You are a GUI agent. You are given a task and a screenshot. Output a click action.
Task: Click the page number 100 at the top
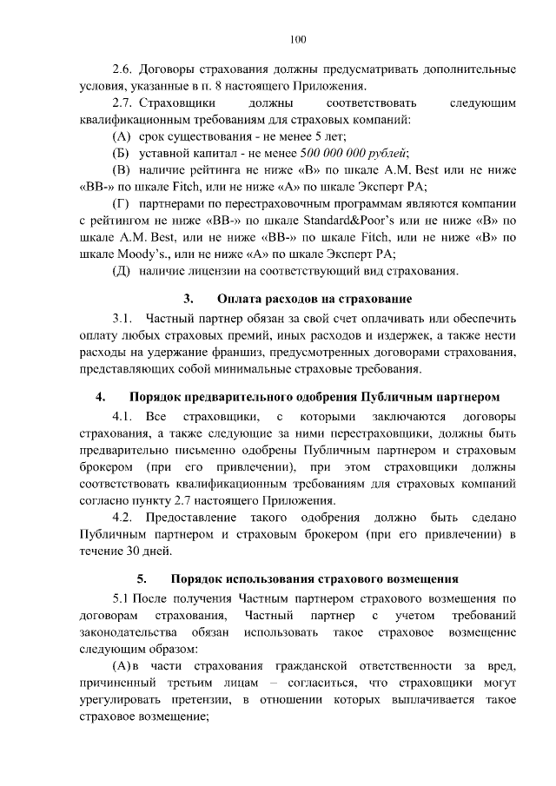297,38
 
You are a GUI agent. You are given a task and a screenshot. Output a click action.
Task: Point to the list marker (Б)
122,152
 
